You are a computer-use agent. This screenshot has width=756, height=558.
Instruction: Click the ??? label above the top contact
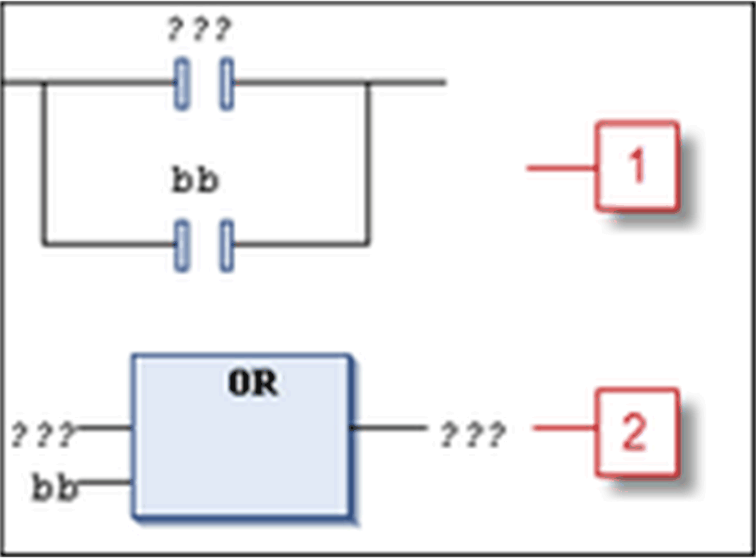pyautogui.click(x=199, y=29)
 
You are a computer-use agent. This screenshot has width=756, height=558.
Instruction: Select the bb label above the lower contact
pyautogui.click(x=195, y=182)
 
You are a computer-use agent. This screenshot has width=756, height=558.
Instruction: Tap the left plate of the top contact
pyautogui.click(x=182, y=84)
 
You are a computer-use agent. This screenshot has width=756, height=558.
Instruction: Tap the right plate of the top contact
pyautogui.click(x=227, y=84)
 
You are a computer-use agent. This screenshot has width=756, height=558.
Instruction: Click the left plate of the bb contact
pyautogui.click(x=182, y=245)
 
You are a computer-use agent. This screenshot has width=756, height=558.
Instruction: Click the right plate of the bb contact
pyautogui.click(x=227, y=245)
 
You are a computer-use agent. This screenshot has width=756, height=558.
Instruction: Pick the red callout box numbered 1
pyautogui.click(x=637, y=166)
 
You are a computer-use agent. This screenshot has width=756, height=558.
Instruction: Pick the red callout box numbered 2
pyautogui.click(x=637, y=433)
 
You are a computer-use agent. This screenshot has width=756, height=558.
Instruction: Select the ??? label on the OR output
pyautogui.click(x=472, y=434)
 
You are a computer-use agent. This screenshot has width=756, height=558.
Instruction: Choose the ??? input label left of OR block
pyautogui.click(x=42, y=434)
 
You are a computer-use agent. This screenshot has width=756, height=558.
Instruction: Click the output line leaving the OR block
pyautogui.click(x=388, y=427)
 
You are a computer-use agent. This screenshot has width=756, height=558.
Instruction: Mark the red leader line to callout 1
pyautogui.click(x=561, y=167)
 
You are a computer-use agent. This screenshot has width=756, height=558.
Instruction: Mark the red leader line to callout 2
pyautogui.click(x=565, y=427)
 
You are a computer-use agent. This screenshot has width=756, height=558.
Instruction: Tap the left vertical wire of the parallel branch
pyautogui.click(x=44, y=163)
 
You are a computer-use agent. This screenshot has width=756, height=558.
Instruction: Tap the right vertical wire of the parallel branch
pyautogui.click(x=368, y=163)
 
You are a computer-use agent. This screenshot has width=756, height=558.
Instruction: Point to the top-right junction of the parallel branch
pyautogui.click(x=368, y=83)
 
